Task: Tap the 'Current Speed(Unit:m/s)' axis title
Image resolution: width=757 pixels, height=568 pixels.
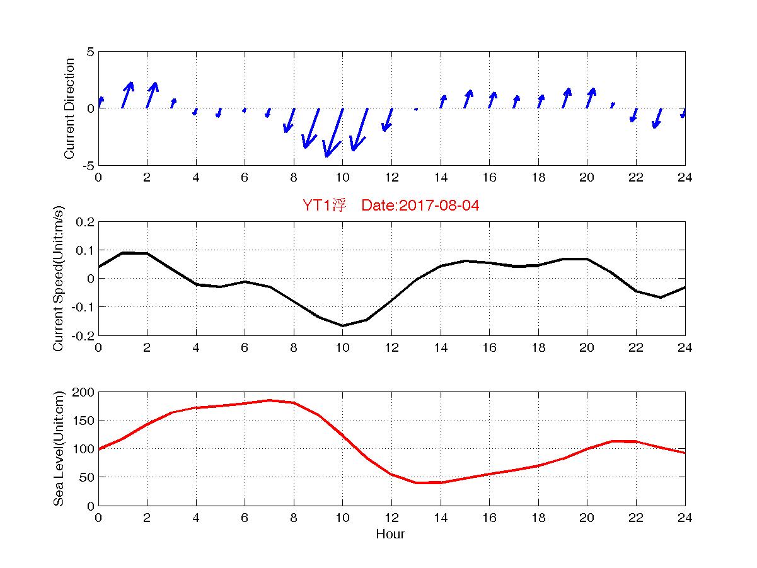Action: point(59,279)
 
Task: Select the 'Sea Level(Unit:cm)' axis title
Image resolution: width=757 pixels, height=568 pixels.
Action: point(59,449)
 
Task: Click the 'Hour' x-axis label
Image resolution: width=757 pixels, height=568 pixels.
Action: point(390,535)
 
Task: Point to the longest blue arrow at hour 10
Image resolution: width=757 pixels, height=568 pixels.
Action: point(333,132)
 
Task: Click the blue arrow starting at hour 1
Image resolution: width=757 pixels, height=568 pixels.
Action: point(127,95)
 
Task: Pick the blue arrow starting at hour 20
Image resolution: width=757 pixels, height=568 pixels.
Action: point(591,98)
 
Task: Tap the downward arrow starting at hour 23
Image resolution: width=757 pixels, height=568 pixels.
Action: point(657,118)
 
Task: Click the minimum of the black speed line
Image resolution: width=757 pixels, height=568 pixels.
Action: point(342,326)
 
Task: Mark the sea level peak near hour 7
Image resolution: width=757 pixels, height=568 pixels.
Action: point(269,400)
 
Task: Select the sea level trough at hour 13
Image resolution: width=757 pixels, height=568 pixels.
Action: point(416,483)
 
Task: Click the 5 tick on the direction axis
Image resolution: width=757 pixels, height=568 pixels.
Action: point(90,52)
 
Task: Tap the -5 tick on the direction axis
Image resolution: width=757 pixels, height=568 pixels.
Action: point(88,165)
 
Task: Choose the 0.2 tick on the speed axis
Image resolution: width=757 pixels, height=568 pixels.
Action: point(85,222)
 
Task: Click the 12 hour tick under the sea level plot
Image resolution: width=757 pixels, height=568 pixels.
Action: point(391,518)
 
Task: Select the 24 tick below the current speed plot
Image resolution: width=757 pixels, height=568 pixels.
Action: point(685,347)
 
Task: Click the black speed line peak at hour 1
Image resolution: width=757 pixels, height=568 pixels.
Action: point(123,253)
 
